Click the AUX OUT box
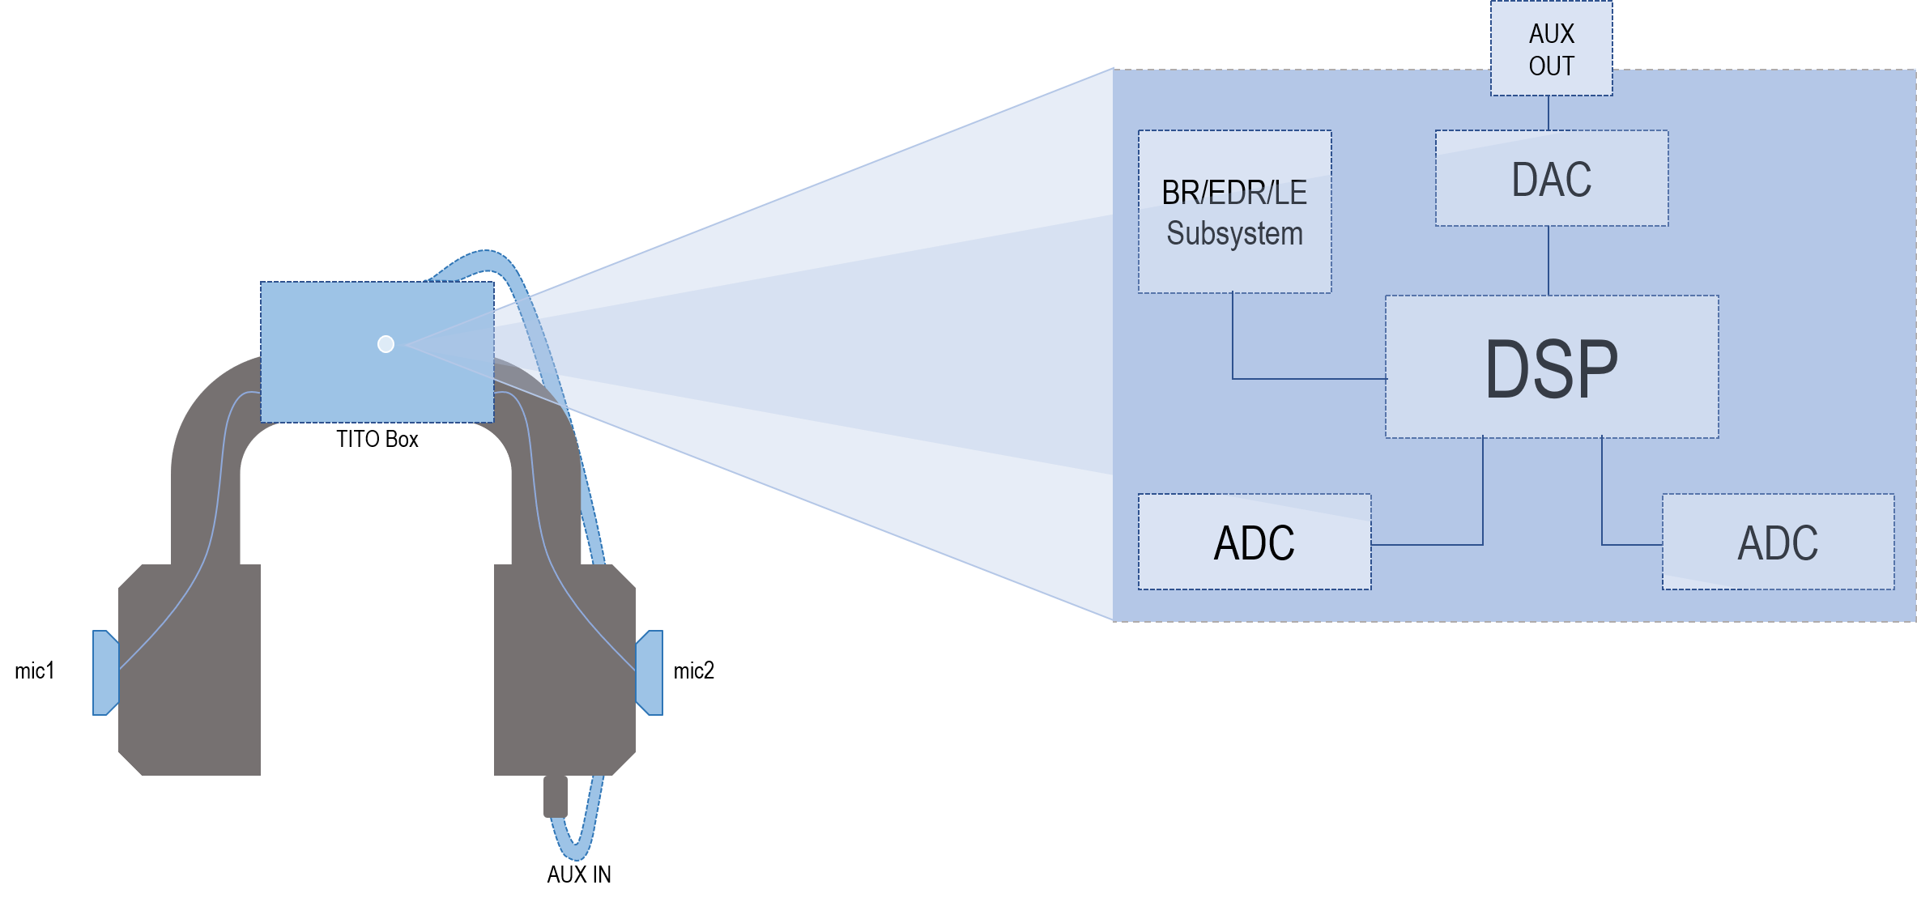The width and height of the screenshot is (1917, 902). tap(1551, 49)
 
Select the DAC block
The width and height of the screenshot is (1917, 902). tap(1551, 178)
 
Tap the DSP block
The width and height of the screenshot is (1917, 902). tap(1551, 367)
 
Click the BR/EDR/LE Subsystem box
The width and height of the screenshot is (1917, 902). tap(1234, 211)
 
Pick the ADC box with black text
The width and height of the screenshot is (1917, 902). tap(1254, 542)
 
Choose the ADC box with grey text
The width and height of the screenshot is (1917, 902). tap(1778, 542)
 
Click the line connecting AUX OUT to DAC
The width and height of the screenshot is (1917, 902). tap(1549, 113)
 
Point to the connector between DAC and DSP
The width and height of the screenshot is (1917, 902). tap(1549, 261)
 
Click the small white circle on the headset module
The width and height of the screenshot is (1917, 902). tap(386, 344)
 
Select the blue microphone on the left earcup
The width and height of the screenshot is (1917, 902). tap(105, 672)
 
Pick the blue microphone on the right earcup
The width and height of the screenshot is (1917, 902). tap(650, 672)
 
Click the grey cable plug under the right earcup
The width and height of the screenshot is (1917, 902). tap(555, 795)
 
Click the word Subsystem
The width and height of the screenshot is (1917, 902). tap(1234, 233)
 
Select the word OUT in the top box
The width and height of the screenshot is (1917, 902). tap(1551, 66)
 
